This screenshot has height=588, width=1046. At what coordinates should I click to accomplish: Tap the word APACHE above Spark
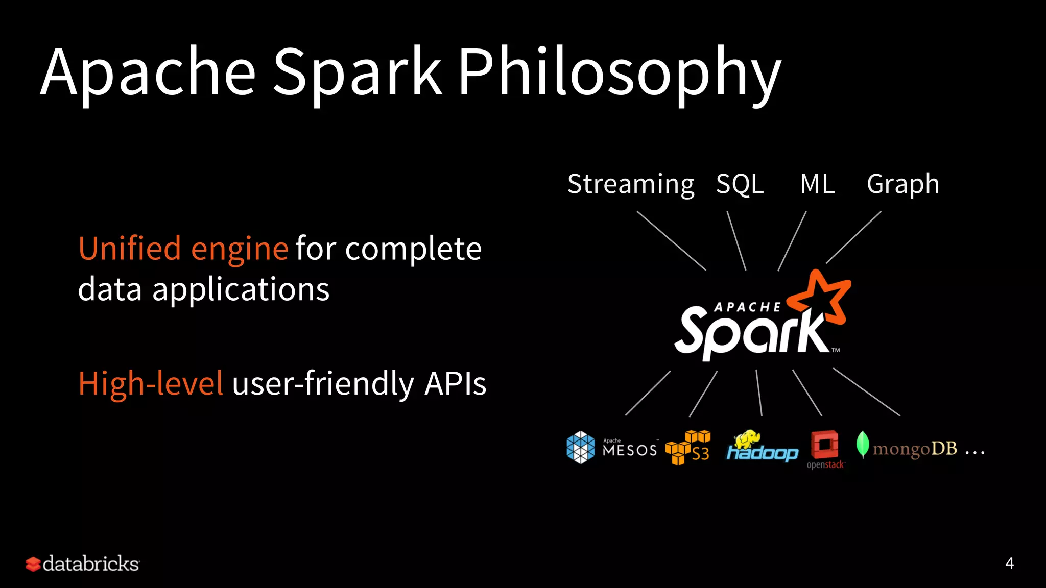747,307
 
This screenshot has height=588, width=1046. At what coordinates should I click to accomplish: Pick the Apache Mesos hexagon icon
581,448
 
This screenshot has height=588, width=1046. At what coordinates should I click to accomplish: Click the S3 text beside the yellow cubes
700,454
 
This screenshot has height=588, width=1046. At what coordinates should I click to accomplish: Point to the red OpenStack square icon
824,445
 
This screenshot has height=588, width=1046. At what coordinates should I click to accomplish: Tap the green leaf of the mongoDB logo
863,444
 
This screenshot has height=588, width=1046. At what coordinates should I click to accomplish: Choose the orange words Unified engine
183,249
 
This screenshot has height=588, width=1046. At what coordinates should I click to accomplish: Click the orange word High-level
151,384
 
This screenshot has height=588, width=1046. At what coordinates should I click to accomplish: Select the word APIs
455,384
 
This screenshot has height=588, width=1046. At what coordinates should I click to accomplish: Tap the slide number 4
1009,563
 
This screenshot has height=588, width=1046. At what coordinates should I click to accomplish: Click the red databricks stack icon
33,564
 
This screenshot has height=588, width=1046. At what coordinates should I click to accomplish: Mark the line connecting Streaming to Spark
671,240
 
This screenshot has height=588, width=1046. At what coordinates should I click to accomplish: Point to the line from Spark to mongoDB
866,392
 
